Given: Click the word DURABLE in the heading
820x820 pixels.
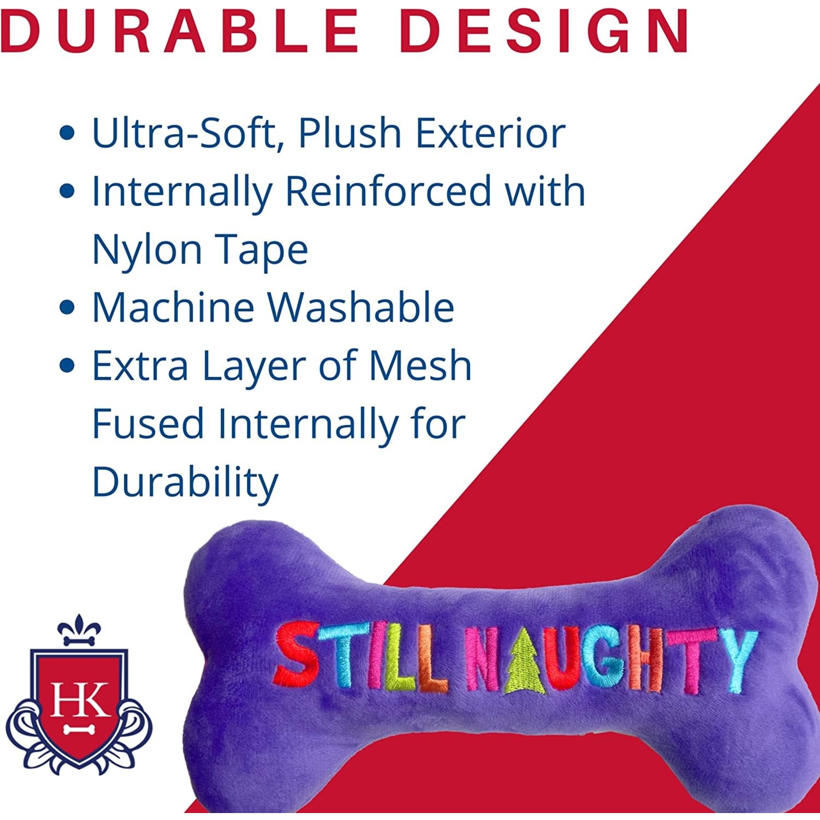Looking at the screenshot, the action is point(179,31).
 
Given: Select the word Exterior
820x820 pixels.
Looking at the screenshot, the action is point(490,133).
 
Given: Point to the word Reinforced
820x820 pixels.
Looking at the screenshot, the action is point(388,191).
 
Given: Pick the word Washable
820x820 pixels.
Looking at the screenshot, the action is point(361,307).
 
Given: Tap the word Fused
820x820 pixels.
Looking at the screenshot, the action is point(148,423).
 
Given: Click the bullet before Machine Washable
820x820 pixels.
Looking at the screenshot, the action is point(67,307).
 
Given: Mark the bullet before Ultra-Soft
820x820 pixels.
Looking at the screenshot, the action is point(67,133).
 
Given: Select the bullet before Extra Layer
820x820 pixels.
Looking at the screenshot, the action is point(67,366).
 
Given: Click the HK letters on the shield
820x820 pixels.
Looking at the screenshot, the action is point(79,700).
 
